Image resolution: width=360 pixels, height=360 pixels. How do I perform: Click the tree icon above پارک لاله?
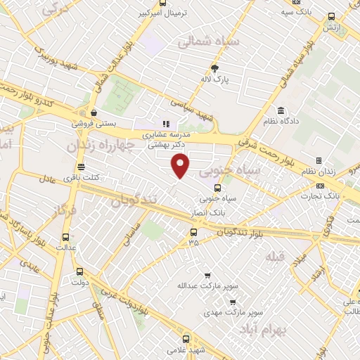(214, 68)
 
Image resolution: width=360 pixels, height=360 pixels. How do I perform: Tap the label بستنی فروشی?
(94, 122)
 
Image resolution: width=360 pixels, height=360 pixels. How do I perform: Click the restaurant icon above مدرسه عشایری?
(167, 124)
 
